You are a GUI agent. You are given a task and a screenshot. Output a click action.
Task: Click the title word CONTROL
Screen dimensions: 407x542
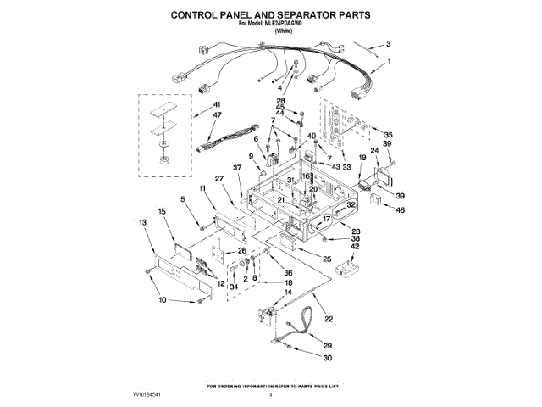click(x=199, y=15)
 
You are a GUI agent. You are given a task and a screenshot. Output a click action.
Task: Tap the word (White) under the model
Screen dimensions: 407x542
click(x=271, y=31)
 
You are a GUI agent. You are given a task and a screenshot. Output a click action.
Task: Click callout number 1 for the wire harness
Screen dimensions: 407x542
click(x=389, y=61)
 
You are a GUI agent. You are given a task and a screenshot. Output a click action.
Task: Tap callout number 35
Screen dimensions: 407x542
click(x=389, y=135)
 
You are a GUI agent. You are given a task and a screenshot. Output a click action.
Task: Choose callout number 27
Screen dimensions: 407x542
click(x=218, y=178)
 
